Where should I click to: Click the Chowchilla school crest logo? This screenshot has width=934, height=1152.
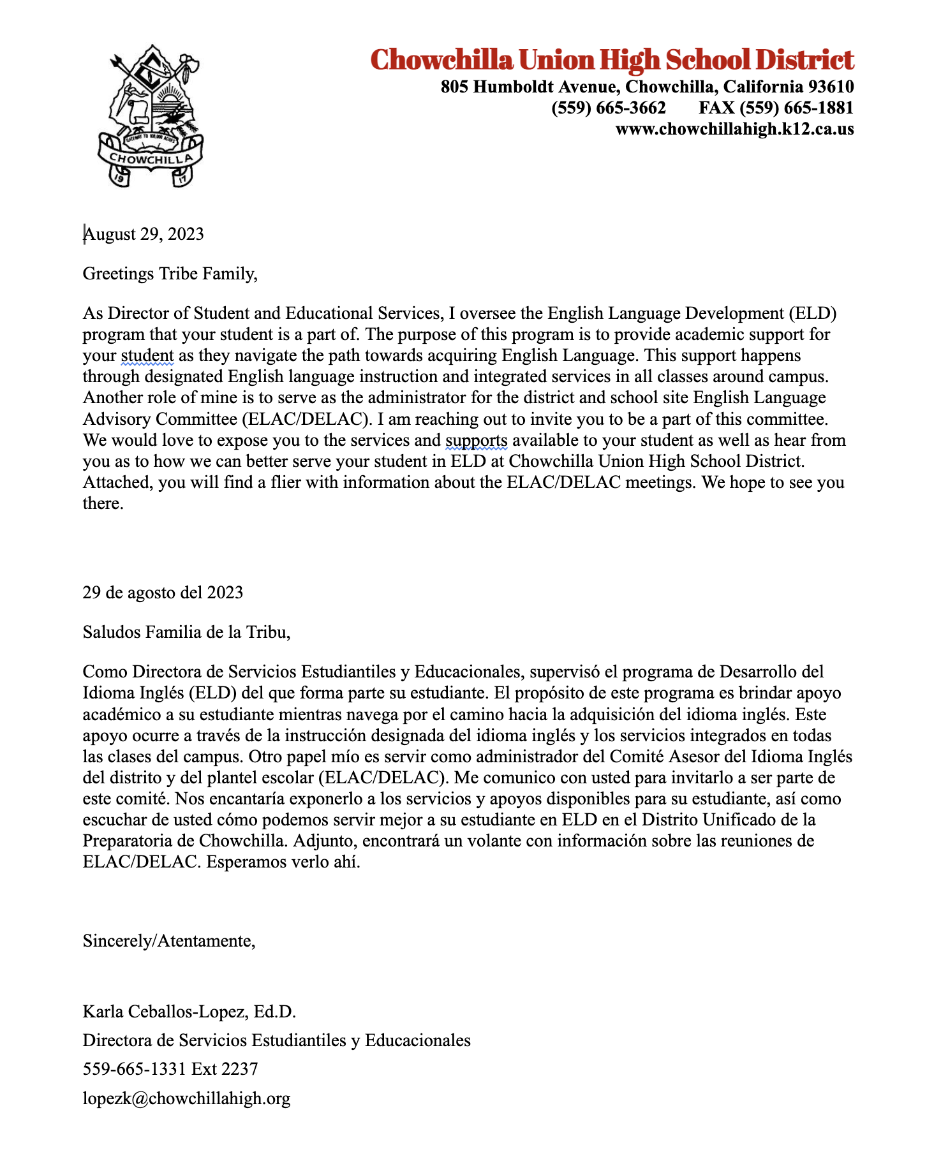tap(150, 115)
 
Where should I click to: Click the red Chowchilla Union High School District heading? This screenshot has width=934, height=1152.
tap(612, 59)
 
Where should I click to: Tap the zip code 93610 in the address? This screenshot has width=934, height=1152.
tap(830, 87)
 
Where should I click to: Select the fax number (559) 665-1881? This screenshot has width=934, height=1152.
tap(776, 108)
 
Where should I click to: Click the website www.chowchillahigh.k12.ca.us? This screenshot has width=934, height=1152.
tap(734, 129)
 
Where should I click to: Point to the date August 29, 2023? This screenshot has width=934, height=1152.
tap(144, 234)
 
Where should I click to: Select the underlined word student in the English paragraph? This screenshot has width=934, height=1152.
tap(147, 355)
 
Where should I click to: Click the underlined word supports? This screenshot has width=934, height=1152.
tap(477, 440)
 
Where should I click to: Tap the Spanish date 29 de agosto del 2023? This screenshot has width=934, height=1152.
tap(163, 593)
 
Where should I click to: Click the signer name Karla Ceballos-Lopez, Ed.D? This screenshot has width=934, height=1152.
tap(189, 1012)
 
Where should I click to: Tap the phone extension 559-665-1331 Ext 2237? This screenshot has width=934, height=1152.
tap(170, 1069)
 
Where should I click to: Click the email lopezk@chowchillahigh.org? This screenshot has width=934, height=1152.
tap(187, 1098)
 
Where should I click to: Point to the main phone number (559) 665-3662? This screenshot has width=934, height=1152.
tap(609, 108)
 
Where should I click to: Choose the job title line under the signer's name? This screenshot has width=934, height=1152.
tap(277, 1040)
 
